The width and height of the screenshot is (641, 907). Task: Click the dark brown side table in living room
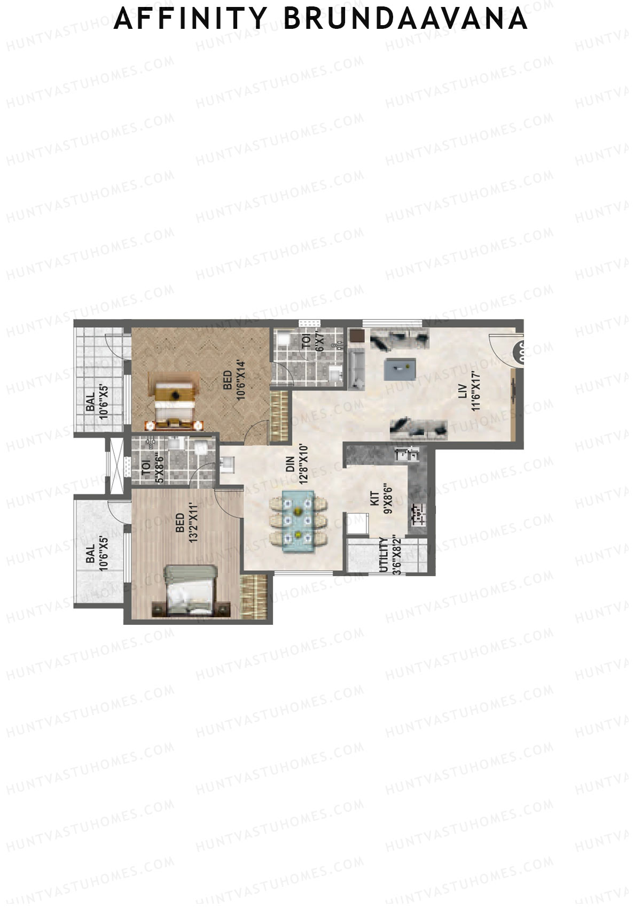356,336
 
